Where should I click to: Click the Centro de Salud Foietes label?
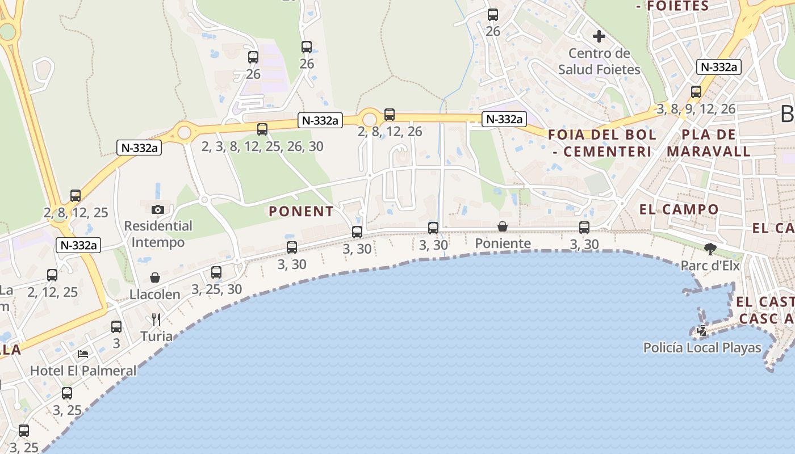click(599, 62)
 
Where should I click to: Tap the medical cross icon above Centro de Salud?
click(599, 37)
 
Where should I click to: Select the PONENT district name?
click(301, 212)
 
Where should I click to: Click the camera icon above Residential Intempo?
click(158, 209)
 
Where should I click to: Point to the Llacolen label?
click(155, 295)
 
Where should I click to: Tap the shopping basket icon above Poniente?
click(503, 227)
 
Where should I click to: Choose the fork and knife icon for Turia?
click(156, 320)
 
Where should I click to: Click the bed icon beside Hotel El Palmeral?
click(83, 354)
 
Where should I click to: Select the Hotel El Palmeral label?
click(83, 371)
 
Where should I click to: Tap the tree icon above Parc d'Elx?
click(710, 248)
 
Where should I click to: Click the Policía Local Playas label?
click(702, 347)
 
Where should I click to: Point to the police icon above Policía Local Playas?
click(702, 330)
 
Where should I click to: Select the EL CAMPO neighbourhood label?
click(679, 209)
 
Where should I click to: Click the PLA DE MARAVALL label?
click(709, 144)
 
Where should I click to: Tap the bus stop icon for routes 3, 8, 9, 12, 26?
click(696, 92)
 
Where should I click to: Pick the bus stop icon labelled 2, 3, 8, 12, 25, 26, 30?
click(262, 129)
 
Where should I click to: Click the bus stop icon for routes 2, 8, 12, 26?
click(390, 115)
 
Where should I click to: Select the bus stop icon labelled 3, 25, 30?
click(216, 272)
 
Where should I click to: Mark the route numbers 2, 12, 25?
click(52, 292)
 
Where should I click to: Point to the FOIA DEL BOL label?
click(602, 135)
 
